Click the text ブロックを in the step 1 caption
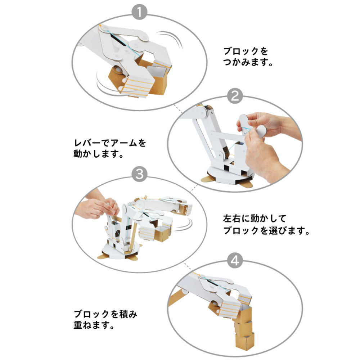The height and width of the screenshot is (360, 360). coord(246,51)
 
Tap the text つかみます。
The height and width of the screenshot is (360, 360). coord(248,63)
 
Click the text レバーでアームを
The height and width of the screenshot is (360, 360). coord(110,143)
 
